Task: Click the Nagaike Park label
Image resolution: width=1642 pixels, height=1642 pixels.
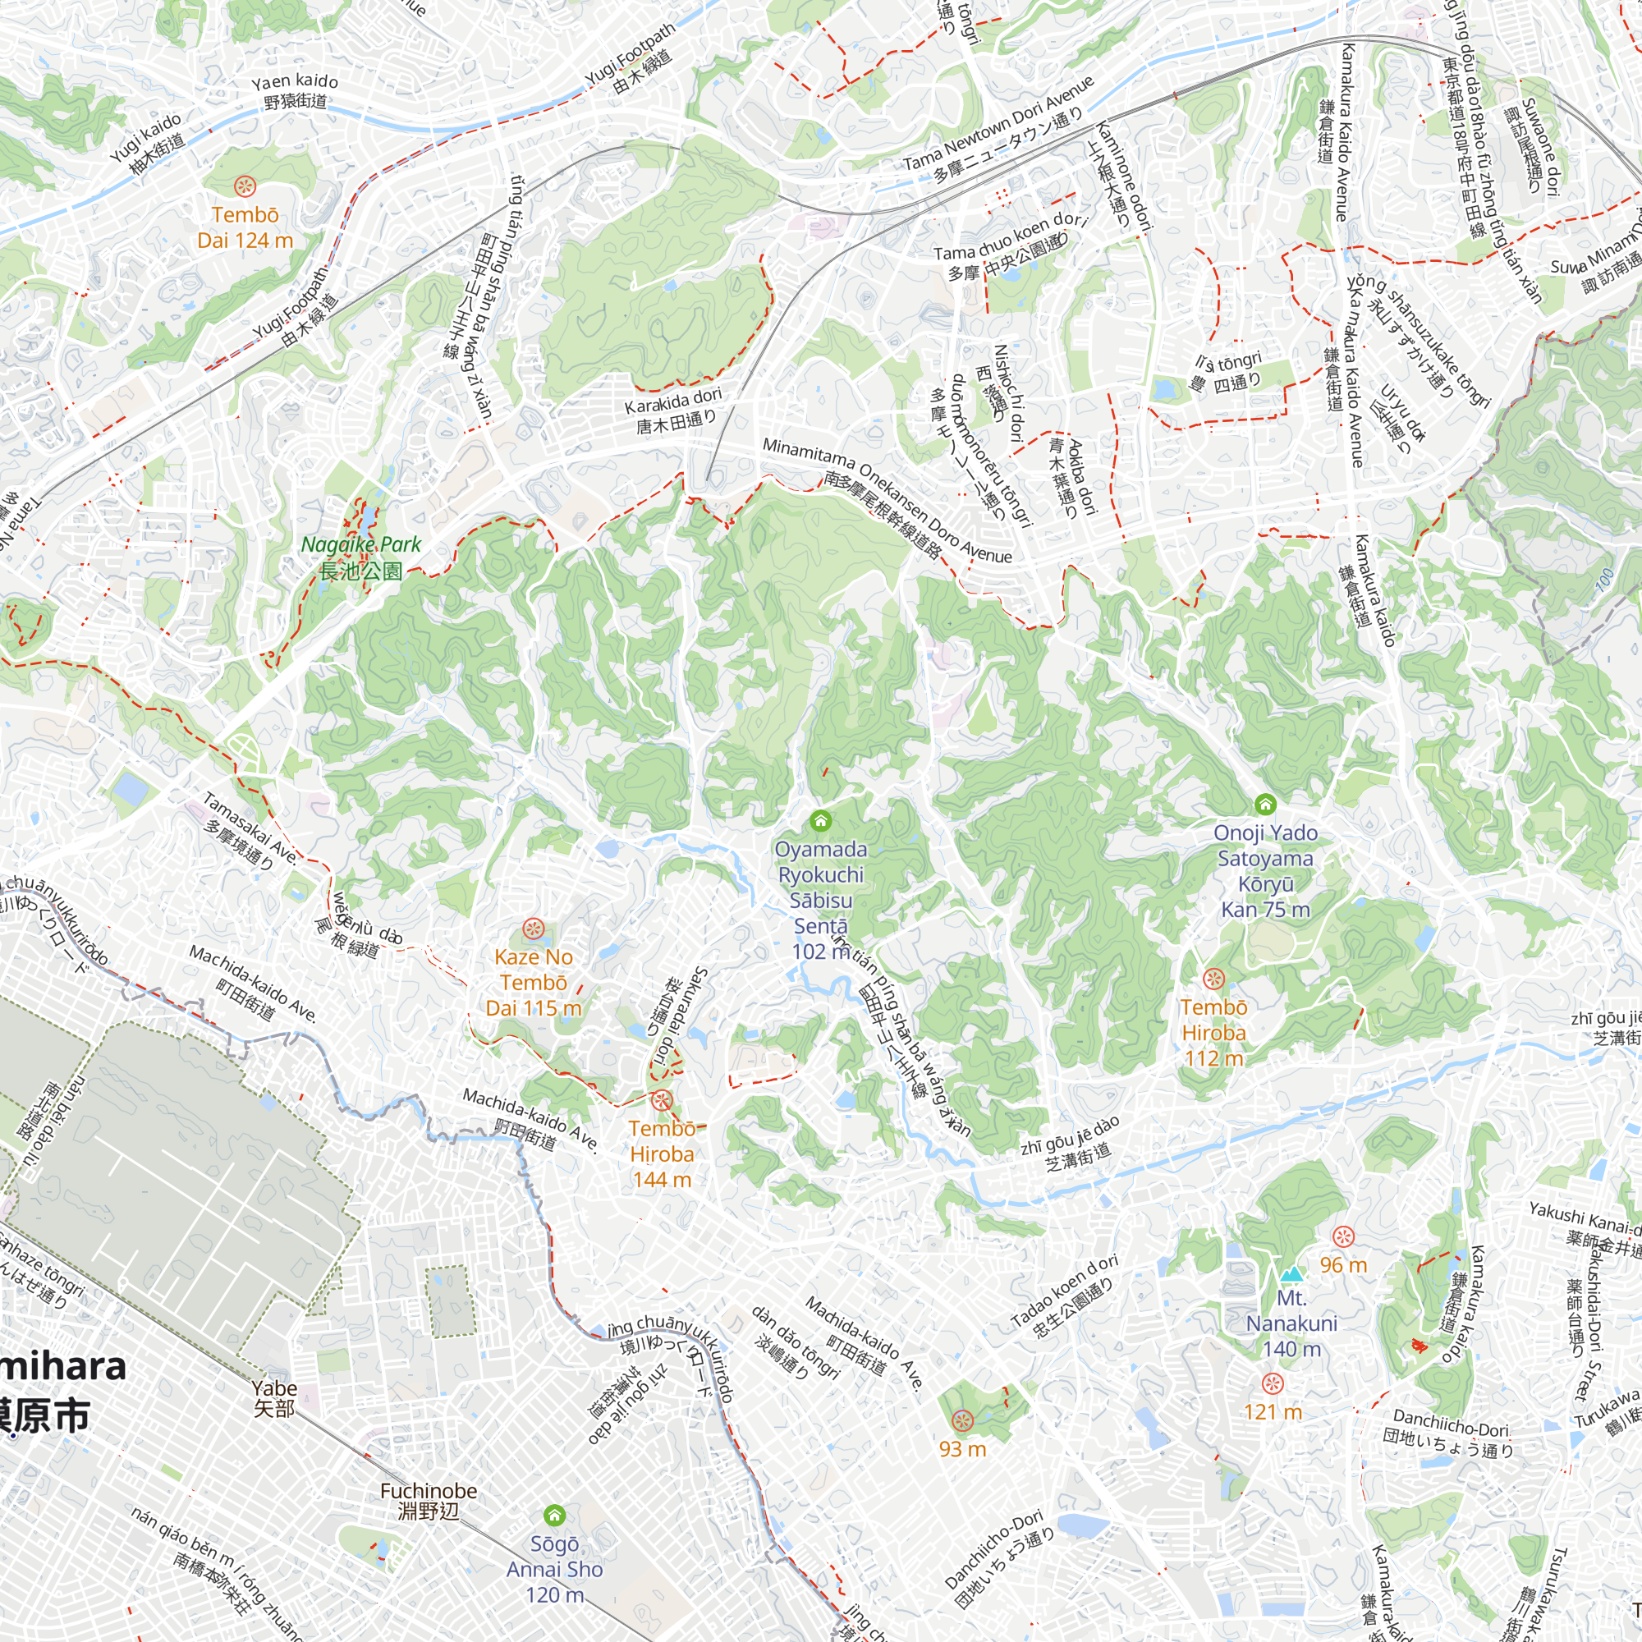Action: [x=361, y=557]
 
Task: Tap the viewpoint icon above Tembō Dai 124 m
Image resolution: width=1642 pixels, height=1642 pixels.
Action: [x=245, y=185]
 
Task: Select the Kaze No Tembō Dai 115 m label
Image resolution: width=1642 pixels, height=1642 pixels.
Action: [x=534, y=982]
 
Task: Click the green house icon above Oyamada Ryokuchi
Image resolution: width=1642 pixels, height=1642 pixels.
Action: [x=820, y=820]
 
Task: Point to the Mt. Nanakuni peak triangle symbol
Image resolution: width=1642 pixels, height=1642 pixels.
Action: [x=1291, y=1274]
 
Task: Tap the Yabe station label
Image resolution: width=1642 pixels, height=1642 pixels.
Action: [x=274, y=1398]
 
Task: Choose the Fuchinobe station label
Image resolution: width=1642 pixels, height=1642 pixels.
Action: [x=429, y=1500]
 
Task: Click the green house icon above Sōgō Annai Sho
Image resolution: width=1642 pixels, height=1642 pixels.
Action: [x=554, y=1515]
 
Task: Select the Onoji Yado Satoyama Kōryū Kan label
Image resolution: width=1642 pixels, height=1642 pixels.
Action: [x=1265, y=871]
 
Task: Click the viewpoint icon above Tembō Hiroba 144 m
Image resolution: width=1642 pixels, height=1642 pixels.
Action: [x=662, y=1101]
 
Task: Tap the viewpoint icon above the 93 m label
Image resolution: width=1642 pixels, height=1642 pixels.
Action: [x=962, y=1420]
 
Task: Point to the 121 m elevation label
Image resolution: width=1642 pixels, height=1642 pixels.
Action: [x=1273, y=1411]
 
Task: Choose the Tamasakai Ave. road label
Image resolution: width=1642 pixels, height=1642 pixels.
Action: [x=250, y=828]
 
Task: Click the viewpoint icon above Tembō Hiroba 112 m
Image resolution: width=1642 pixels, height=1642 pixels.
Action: [x=1213, y=979]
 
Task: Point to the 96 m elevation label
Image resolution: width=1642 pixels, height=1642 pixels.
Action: [x=1343, y=1265]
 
